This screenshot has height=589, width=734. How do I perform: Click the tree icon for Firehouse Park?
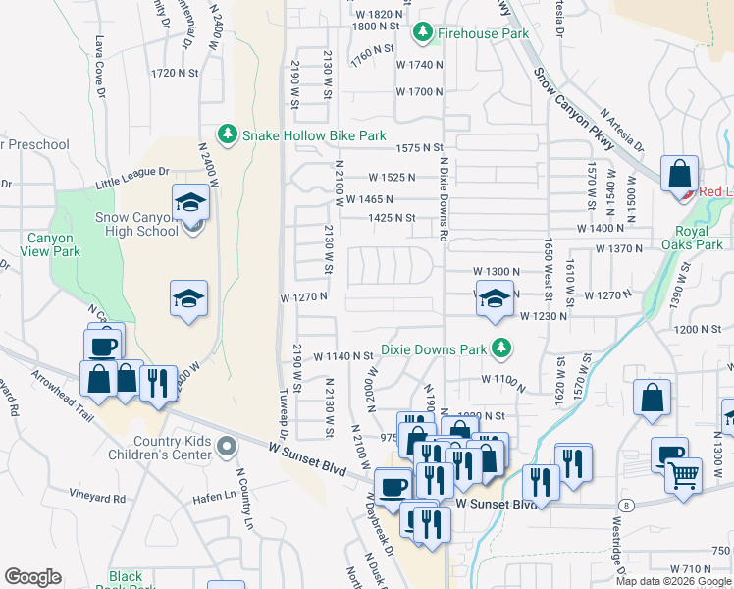click(423, 33)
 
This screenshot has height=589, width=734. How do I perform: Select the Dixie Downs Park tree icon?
click(501, 348)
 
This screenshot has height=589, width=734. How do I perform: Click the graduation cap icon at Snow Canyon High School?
click(190, 202)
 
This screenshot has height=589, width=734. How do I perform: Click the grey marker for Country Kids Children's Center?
click(227, 448)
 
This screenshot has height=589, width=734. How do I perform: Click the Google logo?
click(32, 577)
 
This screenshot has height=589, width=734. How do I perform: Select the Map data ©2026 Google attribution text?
click(673, 581)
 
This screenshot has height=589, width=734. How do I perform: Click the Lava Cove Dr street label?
click(99, 60)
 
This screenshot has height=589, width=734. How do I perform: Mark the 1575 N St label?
click(421, 147)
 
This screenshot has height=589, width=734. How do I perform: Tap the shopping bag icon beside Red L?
click(679, 174)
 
